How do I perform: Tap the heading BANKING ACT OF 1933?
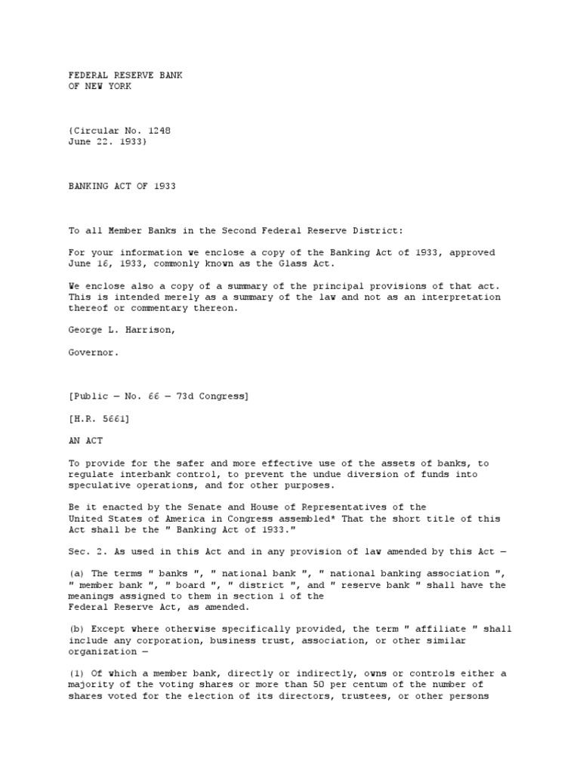click(122, 186)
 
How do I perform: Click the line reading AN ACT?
click(85, 440)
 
